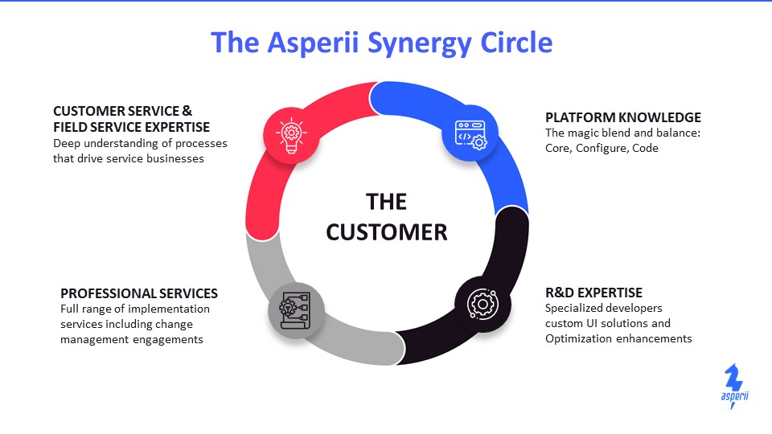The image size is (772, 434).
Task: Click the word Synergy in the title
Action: tap(419, 44)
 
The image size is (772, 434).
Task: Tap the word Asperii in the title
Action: tap(313, 43)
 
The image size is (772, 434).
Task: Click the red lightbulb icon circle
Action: tap(291, 134)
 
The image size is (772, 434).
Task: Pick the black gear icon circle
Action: tap(482, 304)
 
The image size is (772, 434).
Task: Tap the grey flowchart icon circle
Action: tap(296, 310)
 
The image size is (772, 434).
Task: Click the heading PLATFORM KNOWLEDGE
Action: tap(622, 117)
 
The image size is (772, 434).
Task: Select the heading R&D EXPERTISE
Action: tap(593, 293)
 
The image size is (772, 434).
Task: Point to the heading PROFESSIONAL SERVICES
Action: tap(139, 294)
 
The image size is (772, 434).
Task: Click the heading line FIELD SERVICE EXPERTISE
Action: tap(131, 128)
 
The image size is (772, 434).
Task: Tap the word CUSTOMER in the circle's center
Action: tap(387, 232)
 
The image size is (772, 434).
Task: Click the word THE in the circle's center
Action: tap(387, 202)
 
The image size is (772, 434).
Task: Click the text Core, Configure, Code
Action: tap(602, 148)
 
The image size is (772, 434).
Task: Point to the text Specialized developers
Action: tap(604, 309)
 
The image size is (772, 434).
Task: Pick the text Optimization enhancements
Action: tap(618, 339)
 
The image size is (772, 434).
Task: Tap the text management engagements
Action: tap(131, 340)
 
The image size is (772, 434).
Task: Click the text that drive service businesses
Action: tap(129, 158)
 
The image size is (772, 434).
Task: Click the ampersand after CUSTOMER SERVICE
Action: tap(187, 111)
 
